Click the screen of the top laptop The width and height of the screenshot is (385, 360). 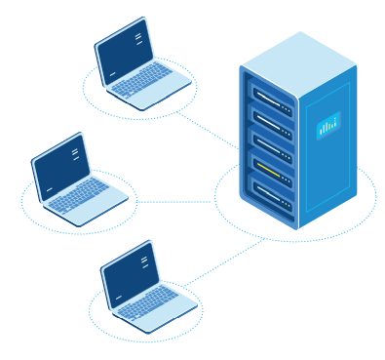click(125, 52)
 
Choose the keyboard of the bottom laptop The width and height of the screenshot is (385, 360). click(148, 301)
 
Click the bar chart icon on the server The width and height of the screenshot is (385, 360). click(327, 125)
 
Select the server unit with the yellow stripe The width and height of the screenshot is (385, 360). click(271, 178)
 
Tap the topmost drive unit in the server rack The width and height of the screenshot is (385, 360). click(271, 99)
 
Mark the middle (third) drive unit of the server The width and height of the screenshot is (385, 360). click(271, 151)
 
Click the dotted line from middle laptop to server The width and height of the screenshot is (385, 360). click(175, 203)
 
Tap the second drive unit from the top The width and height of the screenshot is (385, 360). click(271, 125)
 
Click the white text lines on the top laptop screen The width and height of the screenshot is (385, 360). click(139, 38)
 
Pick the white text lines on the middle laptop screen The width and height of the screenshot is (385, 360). click(75, 153)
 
